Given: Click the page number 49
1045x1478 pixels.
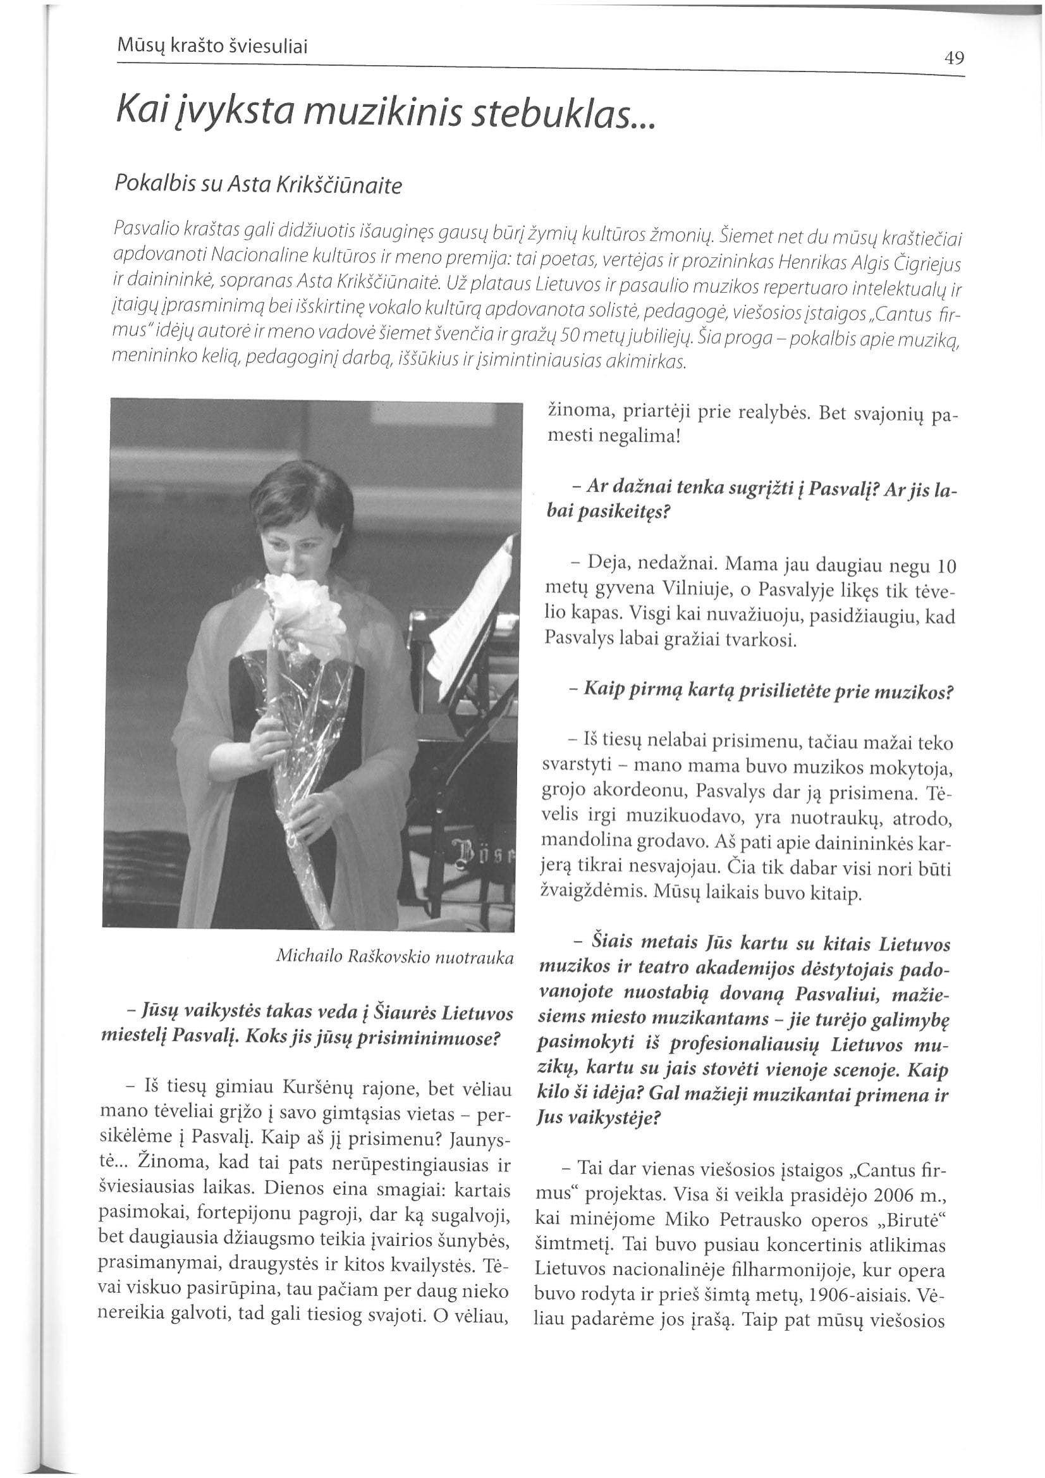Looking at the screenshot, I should coord(954,59).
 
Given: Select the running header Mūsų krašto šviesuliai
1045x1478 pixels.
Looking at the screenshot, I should coord(213,46).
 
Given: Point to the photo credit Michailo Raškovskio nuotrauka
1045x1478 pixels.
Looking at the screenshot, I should coord(394,957).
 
